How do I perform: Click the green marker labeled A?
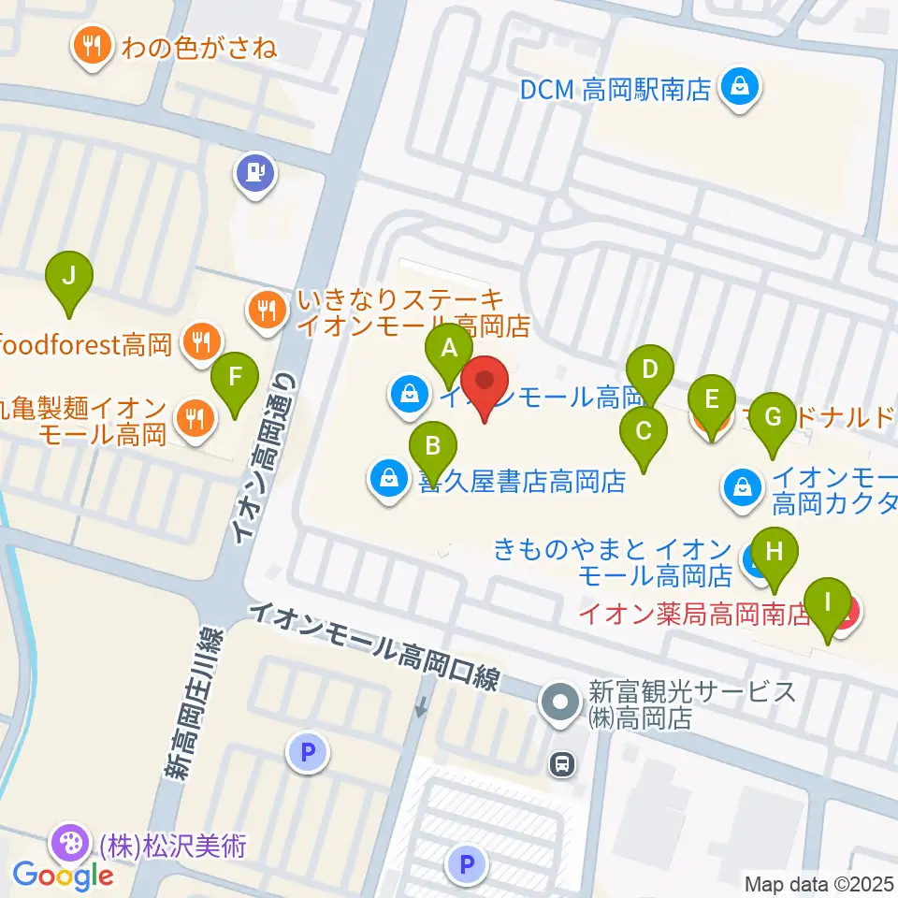[449, 350]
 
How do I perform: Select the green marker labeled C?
[644, 432]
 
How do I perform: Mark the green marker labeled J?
[68, 278]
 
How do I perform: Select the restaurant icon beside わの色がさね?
[92, 47]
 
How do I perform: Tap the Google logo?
[63, 876]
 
